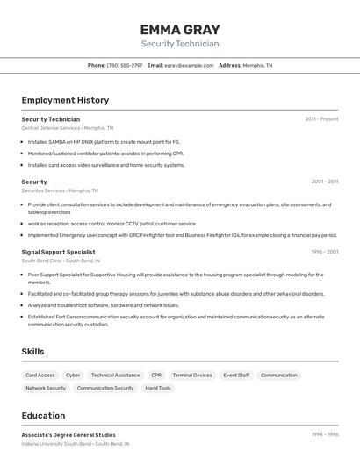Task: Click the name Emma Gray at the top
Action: pos(180,29)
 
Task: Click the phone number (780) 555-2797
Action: pos(124,65)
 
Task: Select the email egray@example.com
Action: pos(189,65)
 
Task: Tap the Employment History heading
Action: pos(65,100)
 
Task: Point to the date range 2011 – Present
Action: pos(321,118)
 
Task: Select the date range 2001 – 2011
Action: pos(324,182)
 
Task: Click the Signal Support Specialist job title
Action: pos(58,252)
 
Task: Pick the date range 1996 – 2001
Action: pos(324,252)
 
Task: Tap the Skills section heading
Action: pos(33,352)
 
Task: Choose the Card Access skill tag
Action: pos(40,375)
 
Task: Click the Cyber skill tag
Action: pos(73,375)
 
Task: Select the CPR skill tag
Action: pos(156,375)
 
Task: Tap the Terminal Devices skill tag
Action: pos(192,375)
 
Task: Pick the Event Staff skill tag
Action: pos(236,375)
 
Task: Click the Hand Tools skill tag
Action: pos(158,388)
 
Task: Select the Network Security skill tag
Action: pos(46,388)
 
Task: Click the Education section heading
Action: pos(43,415)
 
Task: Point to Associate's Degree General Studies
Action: pos(68,434)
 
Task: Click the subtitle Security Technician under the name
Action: pos(180,44)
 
